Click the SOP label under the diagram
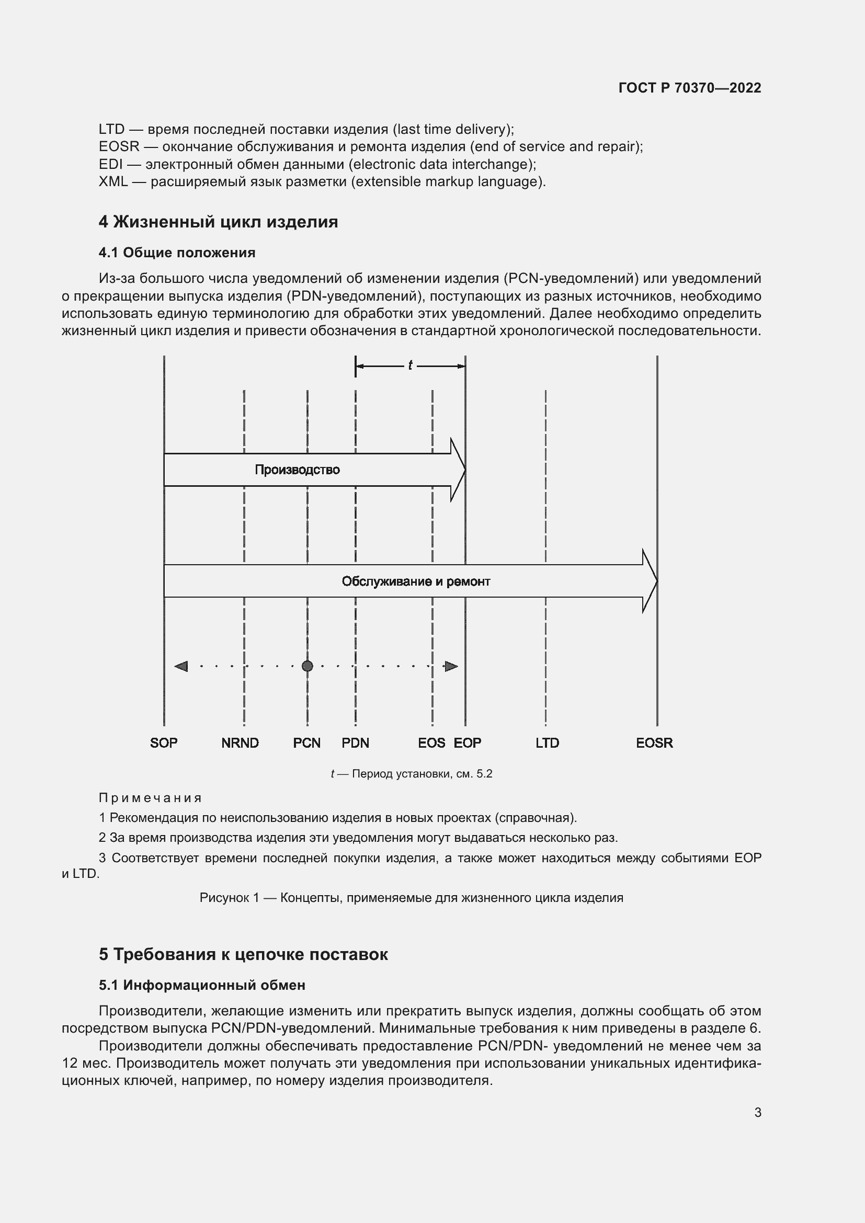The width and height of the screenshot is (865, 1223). click(x=164, y=742)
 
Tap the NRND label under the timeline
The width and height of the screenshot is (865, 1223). click(x=240, y=742)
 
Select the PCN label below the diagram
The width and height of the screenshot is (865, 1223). click(x=307, y=742)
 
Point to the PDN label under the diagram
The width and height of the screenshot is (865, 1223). click(x=355, y=742)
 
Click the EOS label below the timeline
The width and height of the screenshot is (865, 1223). click(x=431, y=742)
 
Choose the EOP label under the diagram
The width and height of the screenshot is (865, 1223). click(x=467, y=742)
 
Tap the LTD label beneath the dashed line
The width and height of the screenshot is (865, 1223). click(x=547, y=742)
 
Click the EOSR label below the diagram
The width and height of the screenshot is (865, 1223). click(x=654, y=742)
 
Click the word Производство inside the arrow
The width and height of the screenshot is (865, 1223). click(x=297, y=470)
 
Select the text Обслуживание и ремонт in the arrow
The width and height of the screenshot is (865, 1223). click(x=415, y=581)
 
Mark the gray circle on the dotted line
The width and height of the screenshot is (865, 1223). click(x=308, y=666)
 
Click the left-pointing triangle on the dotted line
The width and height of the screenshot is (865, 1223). click(x=181, y=666)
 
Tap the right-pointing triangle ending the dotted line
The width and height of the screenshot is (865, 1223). click(x=451, y=666)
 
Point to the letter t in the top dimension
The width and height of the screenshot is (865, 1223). click(x=410, y=365)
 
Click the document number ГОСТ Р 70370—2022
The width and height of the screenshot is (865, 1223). click(x=690, y=88)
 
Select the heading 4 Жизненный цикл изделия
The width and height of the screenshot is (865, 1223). click(x=218, y=222)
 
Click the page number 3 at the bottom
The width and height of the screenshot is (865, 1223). click(x=757, y=1112)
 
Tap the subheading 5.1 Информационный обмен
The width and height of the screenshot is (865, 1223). click(x=202, y=985)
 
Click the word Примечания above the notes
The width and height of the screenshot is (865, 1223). click(x=150, y=798)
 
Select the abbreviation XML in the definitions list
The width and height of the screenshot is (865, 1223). click(x=113, y=181)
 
